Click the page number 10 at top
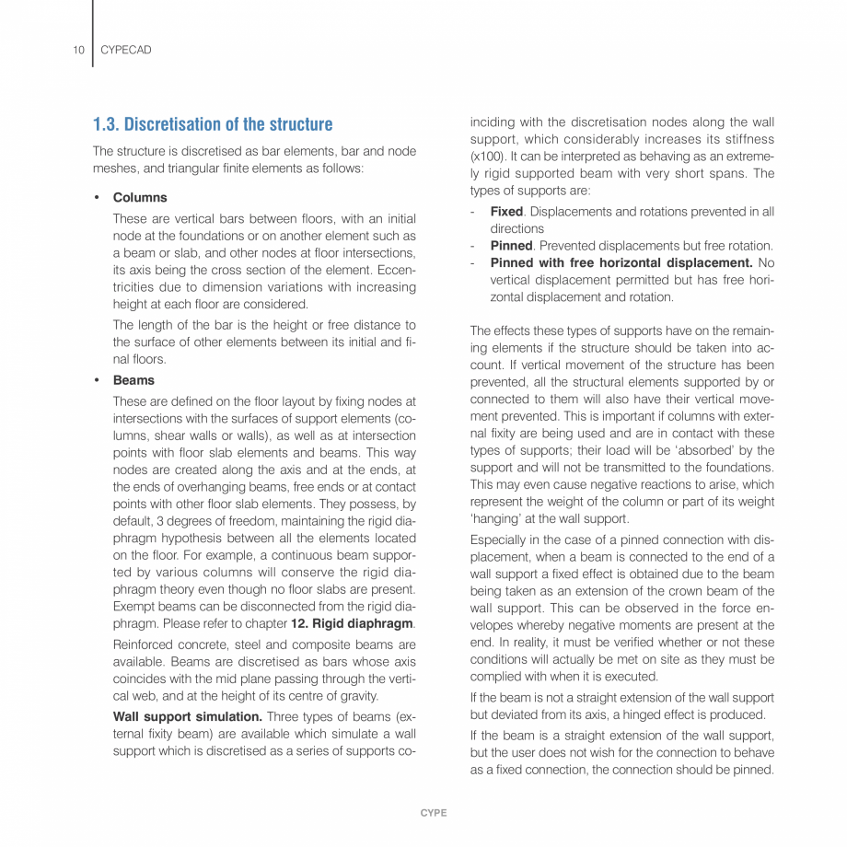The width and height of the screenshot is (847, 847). pyautogui.click(x=78, y=50)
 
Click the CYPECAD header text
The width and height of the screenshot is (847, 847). pyautogui.click(x=125, y=50)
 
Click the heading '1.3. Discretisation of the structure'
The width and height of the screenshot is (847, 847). pyautogui.click(x=213, y=124)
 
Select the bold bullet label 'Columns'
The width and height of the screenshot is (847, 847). pyautogui.click(x=140, y=197)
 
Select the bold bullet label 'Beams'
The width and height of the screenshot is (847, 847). pyautogui.click(x=133, y=380)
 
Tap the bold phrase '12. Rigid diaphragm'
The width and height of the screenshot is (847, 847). pyautogui.click(x=352, y=623)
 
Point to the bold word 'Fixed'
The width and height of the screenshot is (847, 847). pyautogui.click(x=506, y=212)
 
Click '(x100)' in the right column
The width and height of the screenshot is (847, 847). pyautogui.click(x=486, y=157)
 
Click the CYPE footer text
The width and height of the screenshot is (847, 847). pyautogui.click(x=434, y=813)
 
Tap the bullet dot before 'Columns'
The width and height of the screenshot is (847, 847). pyautogui.click(x=97, y=197)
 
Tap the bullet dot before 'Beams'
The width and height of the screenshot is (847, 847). pyautogui.click(x=97, y=380)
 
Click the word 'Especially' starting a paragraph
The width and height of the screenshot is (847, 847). pyautogui.click(x=499, y=540)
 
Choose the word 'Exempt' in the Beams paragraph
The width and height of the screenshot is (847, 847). pyautogui.click(x=133, y=607)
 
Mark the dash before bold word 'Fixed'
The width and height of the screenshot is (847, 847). pyautogui.click(x=472, y=212)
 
